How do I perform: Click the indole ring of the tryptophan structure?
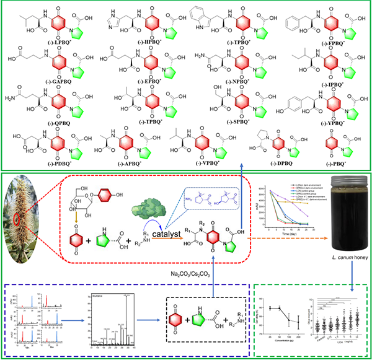coord(202,13)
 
